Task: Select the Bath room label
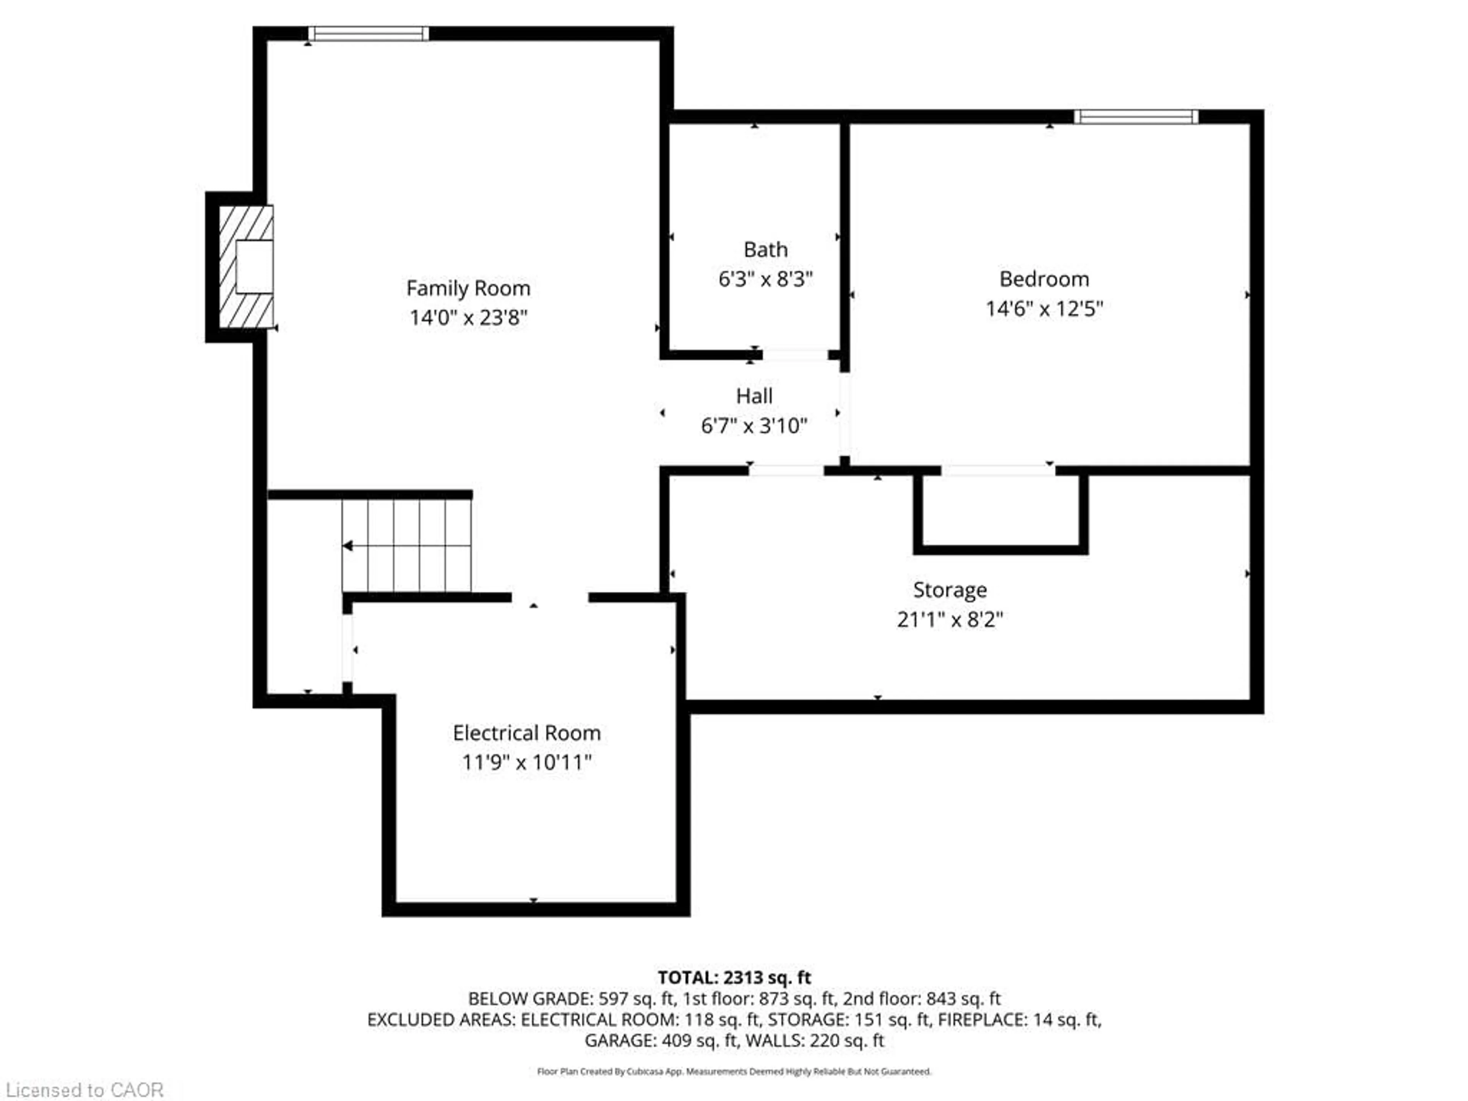click(x=765, y=250)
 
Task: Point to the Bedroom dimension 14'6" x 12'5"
click(x=1044, y=309)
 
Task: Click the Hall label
click(x=754, y=396)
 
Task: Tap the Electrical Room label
click(x=526, y=733)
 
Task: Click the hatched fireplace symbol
click(x=245, y=267)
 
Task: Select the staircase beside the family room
click(x=406, y=546)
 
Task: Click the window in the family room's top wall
click(x=368, y=33)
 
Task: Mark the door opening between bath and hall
click(x=795, y=355)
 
